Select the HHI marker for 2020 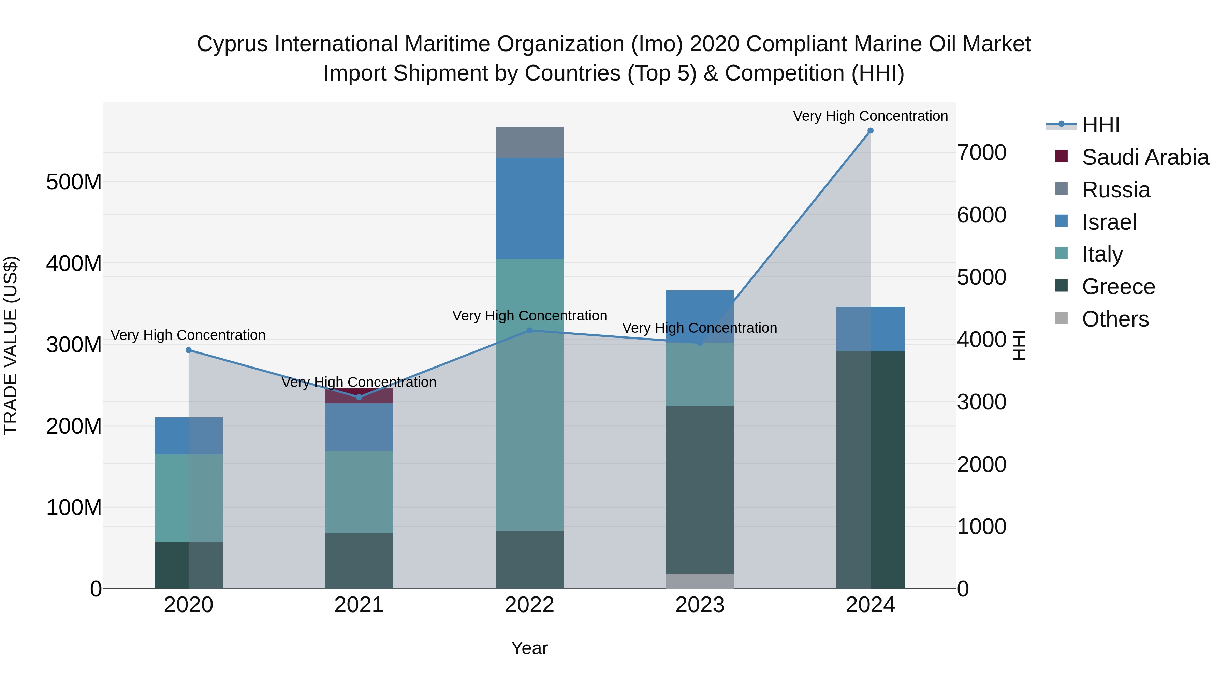click(188, 350)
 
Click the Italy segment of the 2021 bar click(359, 492)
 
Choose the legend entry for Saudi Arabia click(1145, 157)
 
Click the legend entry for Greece click(1119, 287)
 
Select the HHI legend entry click(1100, 125)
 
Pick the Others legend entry click(1115, 319)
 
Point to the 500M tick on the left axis click(74, 182)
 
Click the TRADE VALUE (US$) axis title click(11, 345)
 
